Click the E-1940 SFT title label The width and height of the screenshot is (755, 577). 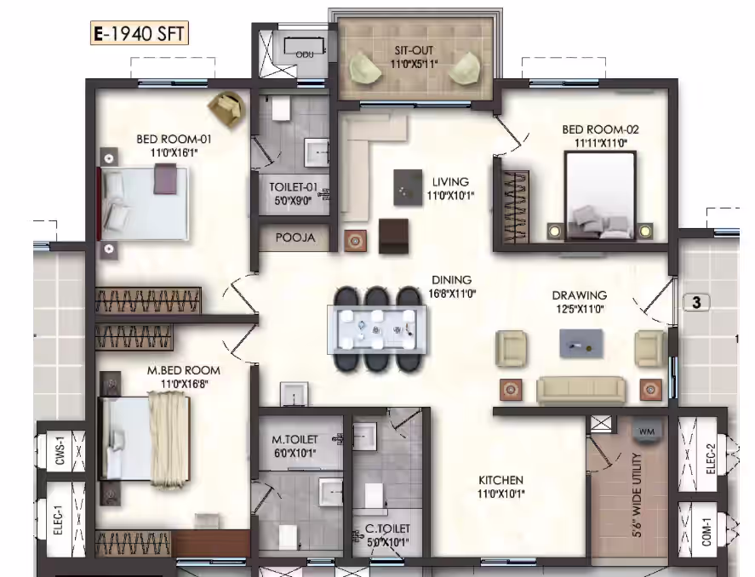click(x=139, y=34)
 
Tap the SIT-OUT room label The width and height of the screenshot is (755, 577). click(x=414, y=50)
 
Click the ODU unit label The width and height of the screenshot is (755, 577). click(x=305, y=54)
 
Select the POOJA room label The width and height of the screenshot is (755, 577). click(x=295, y=237)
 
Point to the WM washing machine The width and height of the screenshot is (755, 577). click(x=647, y=431)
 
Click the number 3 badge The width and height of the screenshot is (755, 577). click(x=696, y=303)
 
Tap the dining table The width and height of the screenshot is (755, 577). click(x=376, y=329)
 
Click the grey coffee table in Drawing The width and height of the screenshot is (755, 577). click(x=581, y=344)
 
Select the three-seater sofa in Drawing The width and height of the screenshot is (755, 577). click(x=581, y=389)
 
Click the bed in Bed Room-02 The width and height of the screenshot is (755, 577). click(x=600, y=196)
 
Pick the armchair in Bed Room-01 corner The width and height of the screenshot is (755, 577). click(x=226, y=109)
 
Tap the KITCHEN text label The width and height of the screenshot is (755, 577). click(x=500, y=480)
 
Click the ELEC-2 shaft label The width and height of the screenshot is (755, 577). click(x=711, y=459)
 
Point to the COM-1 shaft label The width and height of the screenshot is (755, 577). click(x=706, y=532)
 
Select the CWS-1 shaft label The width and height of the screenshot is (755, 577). click(x=60, y=451)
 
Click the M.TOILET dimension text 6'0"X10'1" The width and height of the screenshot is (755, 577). click(x=295, y=453)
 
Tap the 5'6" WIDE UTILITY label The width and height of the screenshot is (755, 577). click(x=637, y=495)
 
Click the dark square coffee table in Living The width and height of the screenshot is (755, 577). click(x=408, y=187)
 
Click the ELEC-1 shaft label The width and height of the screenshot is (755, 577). click(x=58, y=520)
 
